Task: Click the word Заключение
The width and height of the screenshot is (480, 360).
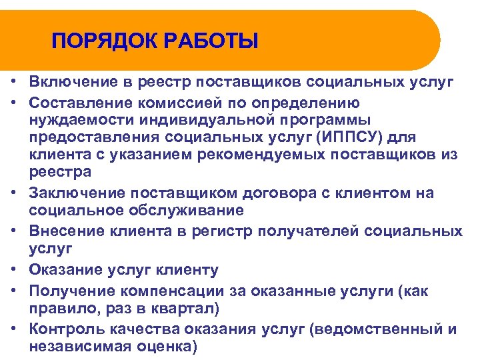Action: pos(77,193)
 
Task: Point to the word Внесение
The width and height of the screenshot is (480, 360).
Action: pos(68,231)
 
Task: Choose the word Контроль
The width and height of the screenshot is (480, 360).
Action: pos(67,329)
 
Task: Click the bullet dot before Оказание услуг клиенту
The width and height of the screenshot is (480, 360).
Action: pos(13,270)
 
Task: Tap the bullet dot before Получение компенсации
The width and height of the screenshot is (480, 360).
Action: pos(13,291)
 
